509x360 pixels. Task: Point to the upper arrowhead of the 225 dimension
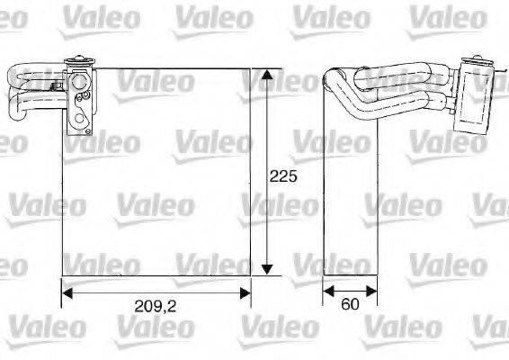(x=267, y=74)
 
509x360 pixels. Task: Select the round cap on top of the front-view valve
(x=76, y=62)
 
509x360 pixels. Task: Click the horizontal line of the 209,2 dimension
(x=108, y=292)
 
